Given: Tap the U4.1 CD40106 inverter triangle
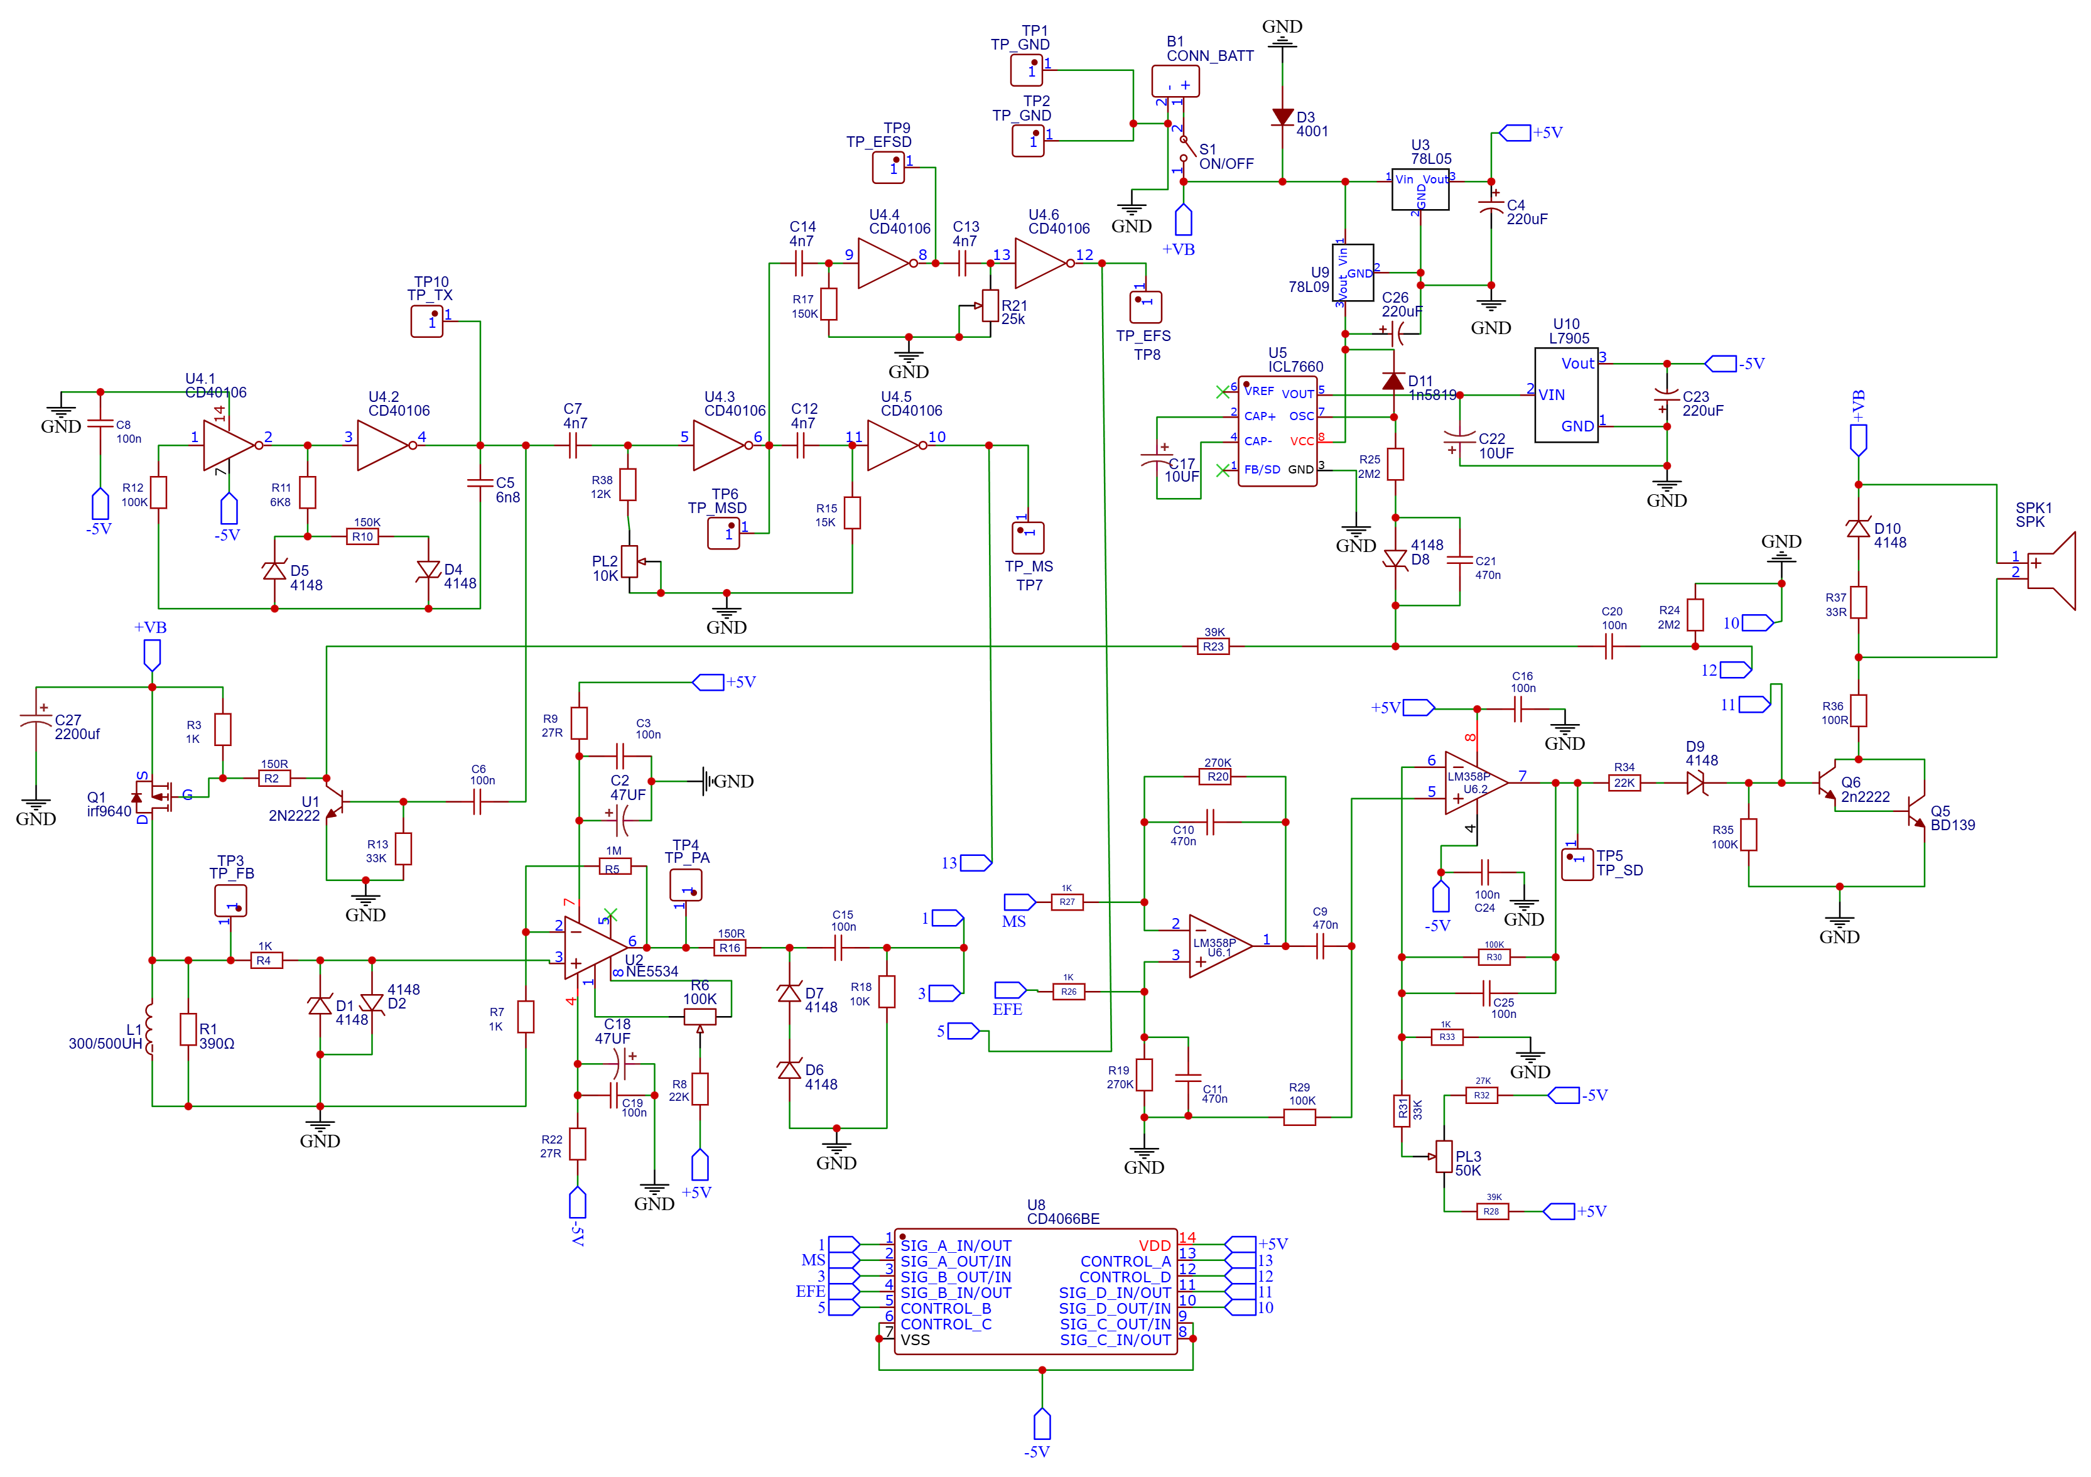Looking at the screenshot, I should coord(228,445).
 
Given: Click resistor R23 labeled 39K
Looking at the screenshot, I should coord(1213,647).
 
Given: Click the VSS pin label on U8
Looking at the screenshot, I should coord(916,1339).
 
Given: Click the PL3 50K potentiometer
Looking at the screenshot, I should coord(1444,1157).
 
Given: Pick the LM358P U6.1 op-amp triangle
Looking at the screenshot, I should coord(1219,946).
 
